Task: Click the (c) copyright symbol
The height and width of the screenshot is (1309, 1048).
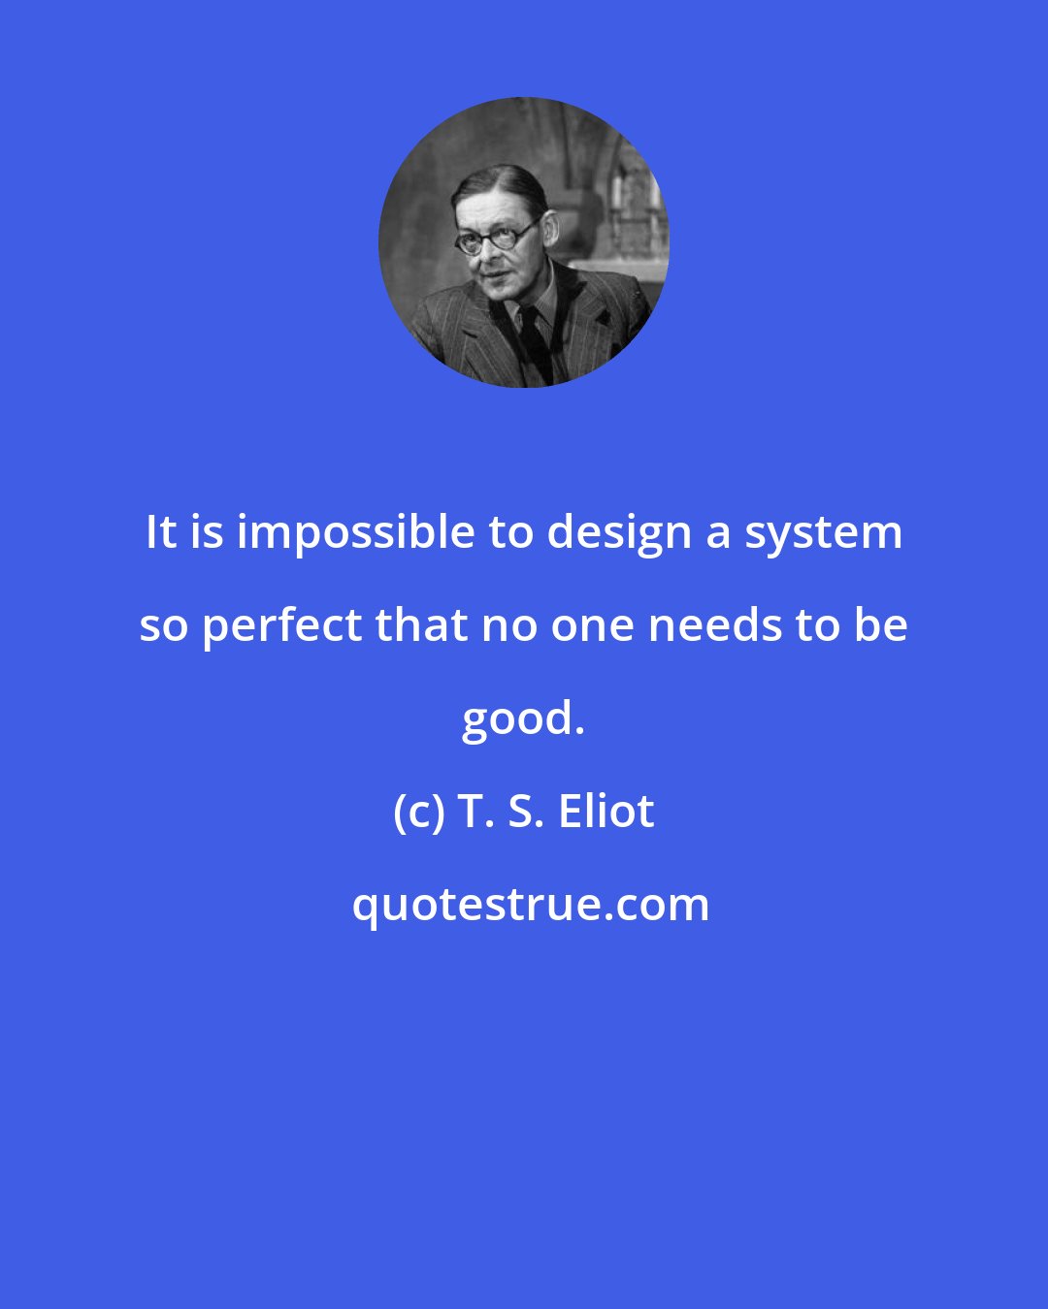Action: point(418,813)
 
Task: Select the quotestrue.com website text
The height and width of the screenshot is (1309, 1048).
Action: point(530,905)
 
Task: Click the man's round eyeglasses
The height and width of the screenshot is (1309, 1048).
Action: point(496,237)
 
